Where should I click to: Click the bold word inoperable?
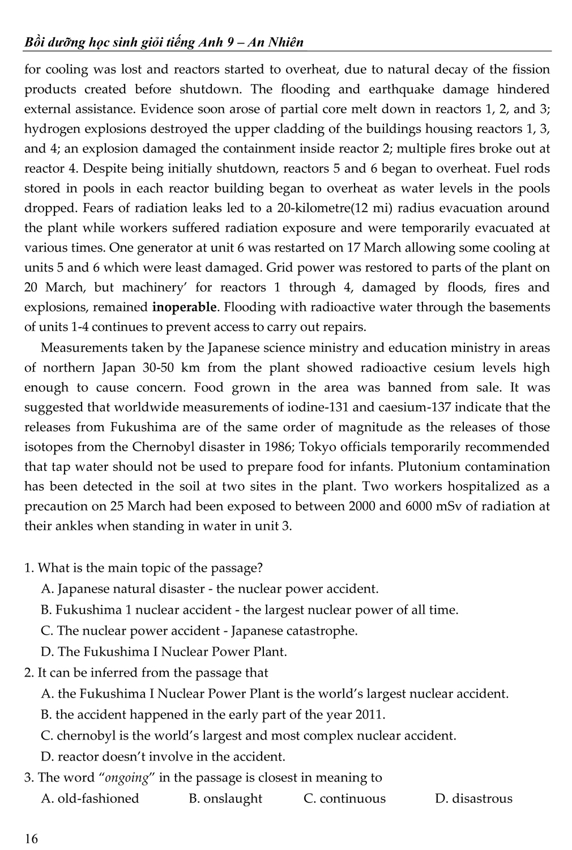click(x=185, y=307)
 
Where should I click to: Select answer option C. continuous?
click(x=344, y=798)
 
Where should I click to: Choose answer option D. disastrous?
click(x=473, y=798)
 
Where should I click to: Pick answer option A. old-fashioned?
click(x=90, y=798)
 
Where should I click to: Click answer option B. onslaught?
click(x=225, y=798)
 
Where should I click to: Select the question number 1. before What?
click(x=29, y=567)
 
